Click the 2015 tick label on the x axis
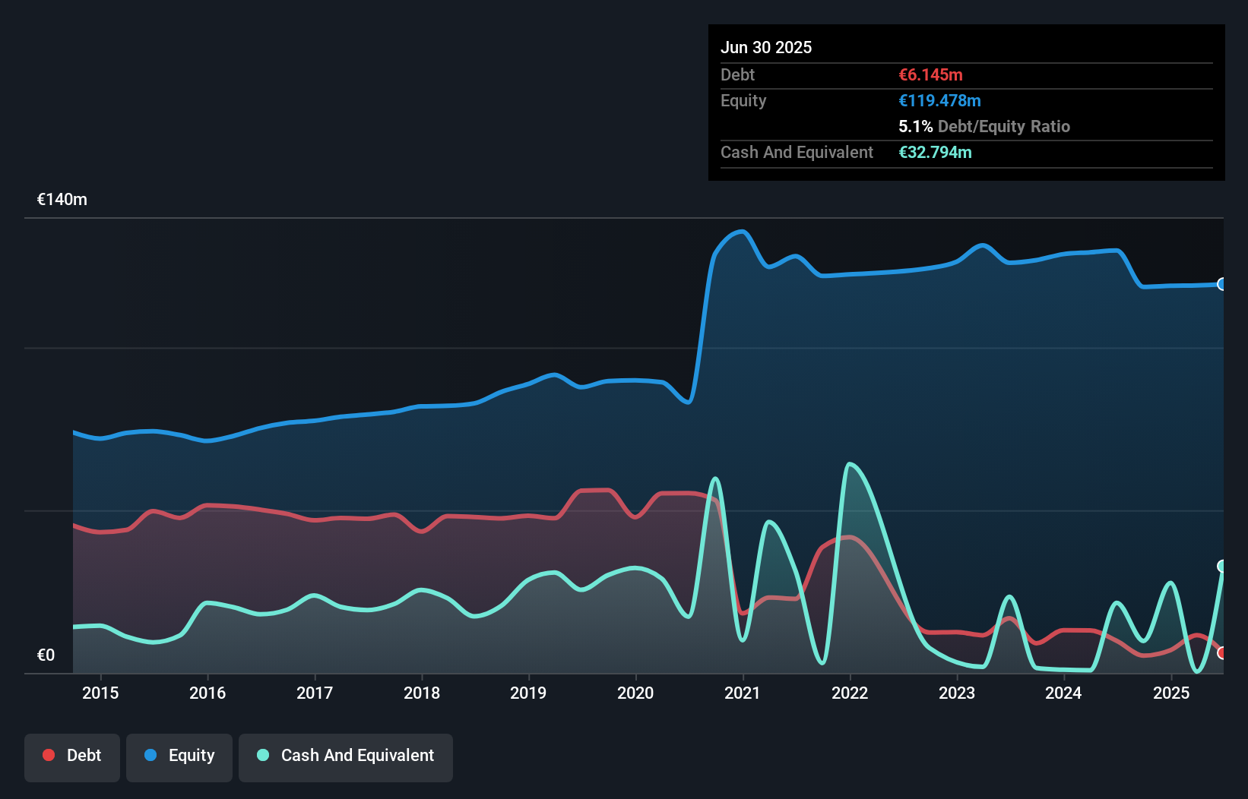pyautogui.click(x=100, y=693)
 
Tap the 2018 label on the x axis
pyautogui.click(x=422, y=693)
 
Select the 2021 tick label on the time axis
pyautogui.click(x=743, y=693)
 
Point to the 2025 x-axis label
pyautogui.click(x=1170, y=693)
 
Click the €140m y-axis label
pyautogui.click(x=62, y=200)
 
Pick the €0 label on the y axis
pyautogui.click(x=46, y=655)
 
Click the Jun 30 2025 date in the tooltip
pyautogui.click(x=766, y=47)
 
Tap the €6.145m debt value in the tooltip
pyautogui.click(x=930, y=74)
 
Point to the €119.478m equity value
pyautogui.click(x=939, y=100)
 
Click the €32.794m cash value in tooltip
pyautogui.click(x=935, y=152)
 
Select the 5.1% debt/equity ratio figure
pyautogui.click(x=915, y=126)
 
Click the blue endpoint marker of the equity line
pyautogui.click(x=1222, y=284)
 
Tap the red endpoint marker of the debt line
pyautogui.click(x=1222, y=653)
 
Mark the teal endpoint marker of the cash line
pyautogui.click(x=1222, y=566)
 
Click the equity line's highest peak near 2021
pyautogui.click(x=741, y=232)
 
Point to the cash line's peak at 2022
pyautogui.click(x=849, y=463)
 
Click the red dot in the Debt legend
pyautogui.click(x=49, y=755)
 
